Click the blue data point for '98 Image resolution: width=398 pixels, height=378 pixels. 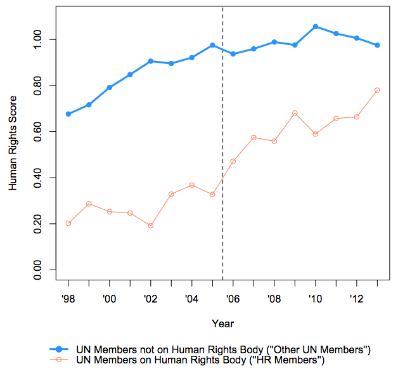point(68,114)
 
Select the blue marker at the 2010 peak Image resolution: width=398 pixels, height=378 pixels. point(316,27)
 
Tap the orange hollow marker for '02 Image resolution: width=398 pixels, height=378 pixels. point(151,226)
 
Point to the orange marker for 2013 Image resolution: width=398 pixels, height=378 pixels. point(377,90)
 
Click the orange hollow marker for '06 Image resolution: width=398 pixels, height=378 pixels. point(233,161)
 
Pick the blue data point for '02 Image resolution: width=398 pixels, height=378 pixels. point(151,61)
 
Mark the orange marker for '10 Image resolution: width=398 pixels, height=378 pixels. point(316,134)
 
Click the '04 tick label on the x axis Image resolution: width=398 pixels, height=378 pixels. point(191,297)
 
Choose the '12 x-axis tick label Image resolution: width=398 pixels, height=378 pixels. point(356,297)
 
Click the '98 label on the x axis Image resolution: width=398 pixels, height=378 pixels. point(68,297)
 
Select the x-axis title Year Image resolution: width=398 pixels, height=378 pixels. point(222,323)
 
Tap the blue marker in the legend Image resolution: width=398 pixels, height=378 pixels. point(59,350)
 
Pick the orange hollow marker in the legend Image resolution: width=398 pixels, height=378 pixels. point(59,361)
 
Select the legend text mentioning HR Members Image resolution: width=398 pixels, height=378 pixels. point(200,361)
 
